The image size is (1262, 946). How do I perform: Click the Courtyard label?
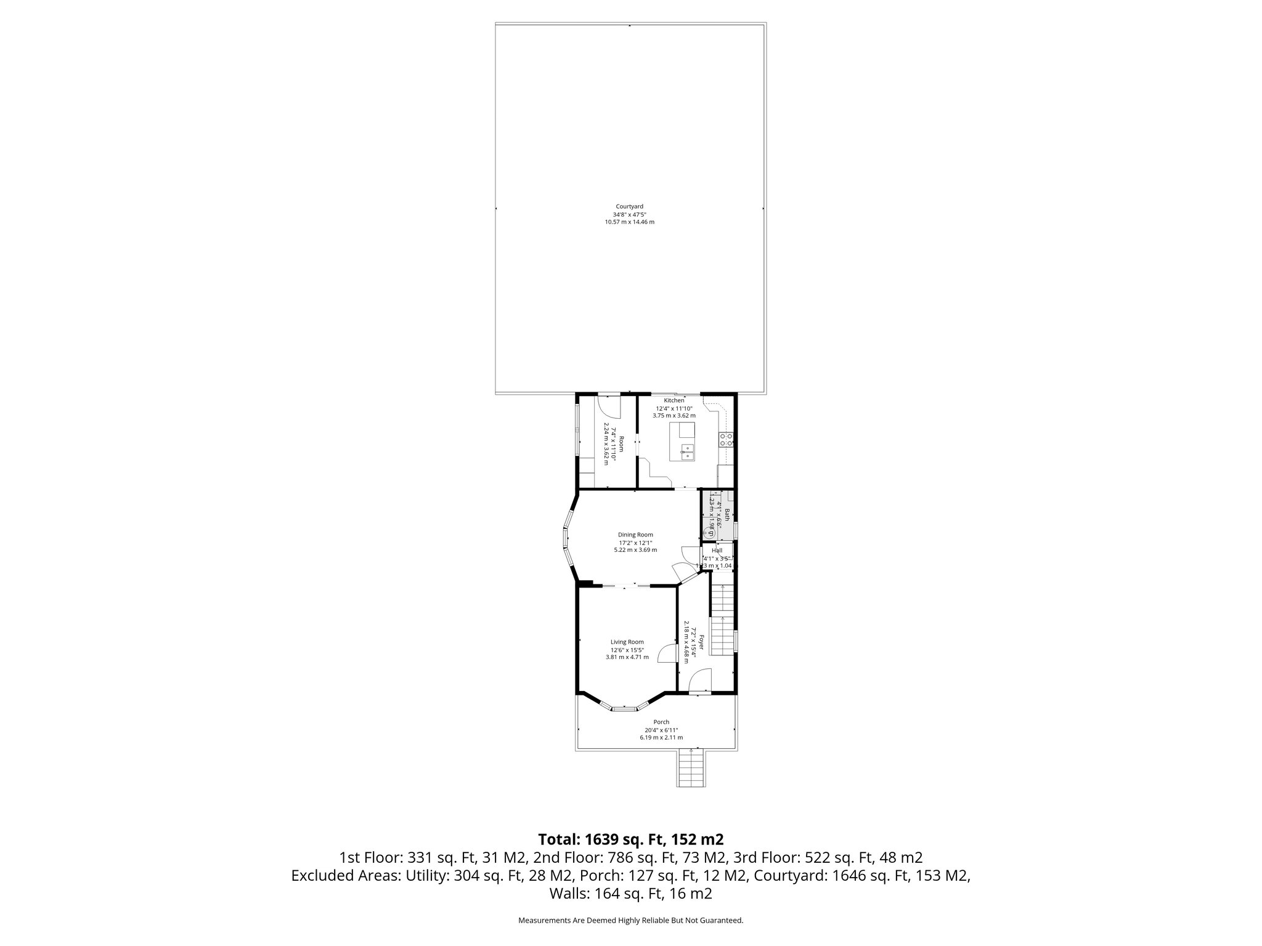629,206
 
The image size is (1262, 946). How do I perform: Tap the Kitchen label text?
674,400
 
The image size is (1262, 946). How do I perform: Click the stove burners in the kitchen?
726,439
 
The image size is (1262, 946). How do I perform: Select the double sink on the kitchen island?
687,452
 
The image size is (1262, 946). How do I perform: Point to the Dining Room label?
635,535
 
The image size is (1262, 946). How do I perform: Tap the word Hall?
717,551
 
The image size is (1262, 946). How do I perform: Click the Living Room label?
627,642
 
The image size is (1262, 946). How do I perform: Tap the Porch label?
661,722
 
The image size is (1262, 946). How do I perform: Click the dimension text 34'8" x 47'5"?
629,214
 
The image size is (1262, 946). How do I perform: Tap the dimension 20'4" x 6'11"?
661,730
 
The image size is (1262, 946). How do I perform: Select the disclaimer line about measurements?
630,920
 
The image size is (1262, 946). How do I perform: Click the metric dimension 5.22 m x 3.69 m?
635,549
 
